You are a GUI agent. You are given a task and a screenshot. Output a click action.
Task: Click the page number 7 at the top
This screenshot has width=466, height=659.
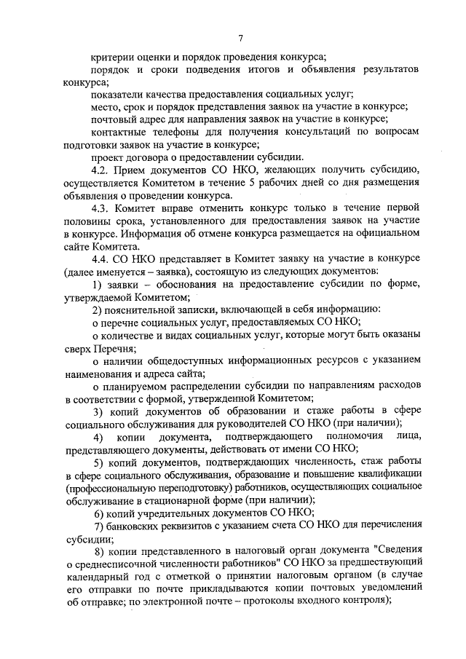(x=241, y=39)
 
